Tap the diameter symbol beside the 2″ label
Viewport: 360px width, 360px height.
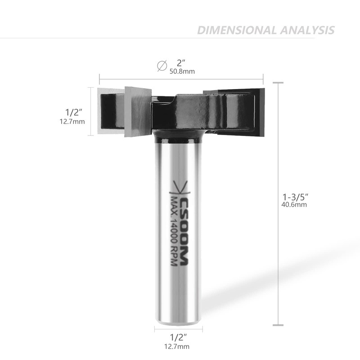162,66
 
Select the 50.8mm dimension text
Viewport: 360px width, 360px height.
182,72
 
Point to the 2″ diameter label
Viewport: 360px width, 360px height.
181,63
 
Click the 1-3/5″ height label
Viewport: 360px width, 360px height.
295,197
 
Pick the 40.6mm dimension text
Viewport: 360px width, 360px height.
294,205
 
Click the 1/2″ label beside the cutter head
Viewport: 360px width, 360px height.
74,112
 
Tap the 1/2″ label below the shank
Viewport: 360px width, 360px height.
178,337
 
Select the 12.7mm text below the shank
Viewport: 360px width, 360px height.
177,346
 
